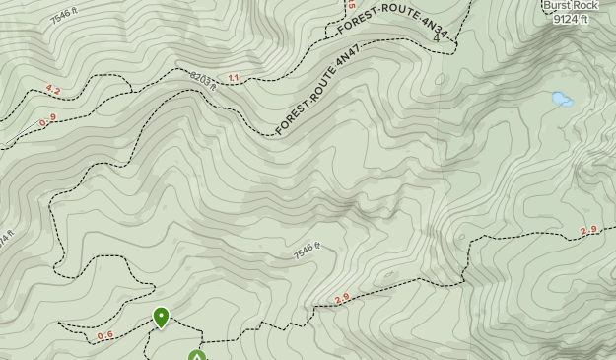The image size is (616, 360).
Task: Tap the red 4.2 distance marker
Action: click(x=52, y=90)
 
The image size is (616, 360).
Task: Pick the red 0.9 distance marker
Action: click(x=47, y=120)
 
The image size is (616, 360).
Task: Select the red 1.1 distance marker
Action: click(x=234, y=77)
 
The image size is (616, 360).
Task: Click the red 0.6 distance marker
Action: click(x=104, y=335)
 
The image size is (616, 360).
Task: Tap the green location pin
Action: click(x=161, y=317)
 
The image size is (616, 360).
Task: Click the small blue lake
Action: click(x=562, y=99)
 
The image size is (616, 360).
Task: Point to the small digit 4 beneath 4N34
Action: click(x=437, y=40)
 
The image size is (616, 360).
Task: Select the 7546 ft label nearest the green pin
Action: click(x=308, y=252)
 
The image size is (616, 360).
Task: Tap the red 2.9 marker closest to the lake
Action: click(x=588, y=231)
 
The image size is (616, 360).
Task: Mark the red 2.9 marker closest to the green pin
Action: click(x=342, y=299)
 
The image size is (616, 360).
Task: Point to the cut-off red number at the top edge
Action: click(x=350, y=4)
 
